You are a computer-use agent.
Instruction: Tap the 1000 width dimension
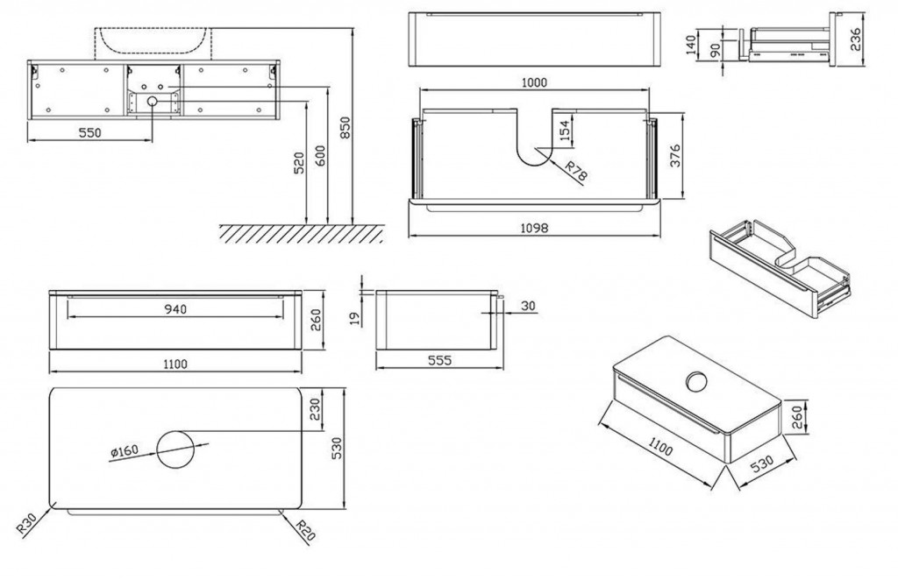pos(533,82)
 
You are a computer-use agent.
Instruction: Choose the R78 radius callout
pos(575,170)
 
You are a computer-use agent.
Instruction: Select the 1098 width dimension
pos(533,228)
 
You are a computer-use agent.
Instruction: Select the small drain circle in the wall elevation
pos(152,103)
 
